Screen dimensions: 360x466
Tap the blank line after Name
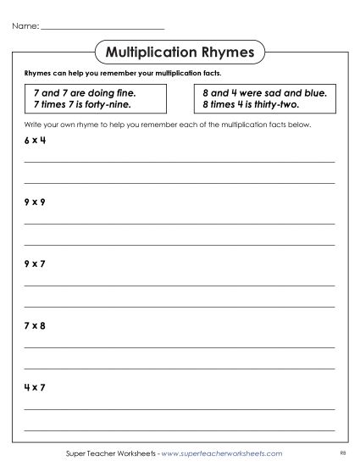[x=102, y=31]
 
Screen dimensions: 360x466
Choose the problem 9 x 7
[x=35, y=264]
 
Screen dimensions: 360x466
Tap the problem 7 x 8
[x=35, y=325]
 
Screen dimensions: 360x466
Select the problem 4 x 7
[x=35, y=388]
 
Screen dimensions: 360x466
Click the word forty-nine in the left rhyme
[x=119, y=104]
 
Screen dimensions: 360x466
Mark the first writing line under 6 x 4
[x=180, y=161]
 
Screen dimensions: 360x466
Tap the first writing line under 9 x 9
[x=180, y=223]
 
